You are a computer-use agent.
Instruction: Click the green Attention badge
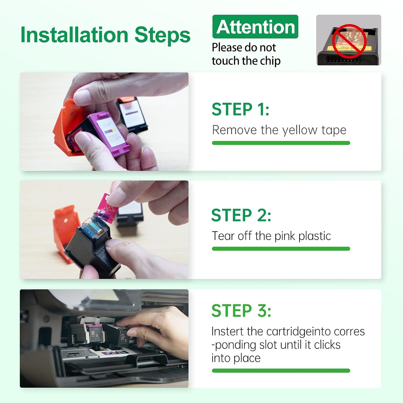click(x=255, y=27)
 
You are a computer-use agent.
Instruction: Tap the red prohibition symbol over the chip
click(x=349, y=41)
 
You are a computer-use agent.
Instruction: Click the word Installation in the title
click(x=74, y=35)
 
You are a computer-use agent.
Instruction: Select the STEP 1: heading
click(x=240, y=109)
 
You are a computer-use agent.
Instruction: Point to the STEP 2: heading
click(x=241, y=215)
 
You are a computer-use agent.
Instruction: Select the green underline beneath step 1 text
click(x=281, y=143)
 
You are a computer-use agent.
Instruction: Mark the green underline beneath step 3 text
click(x=281, y=371)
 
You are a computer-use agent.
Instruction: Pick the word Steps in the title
click(x=162, y=35)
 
